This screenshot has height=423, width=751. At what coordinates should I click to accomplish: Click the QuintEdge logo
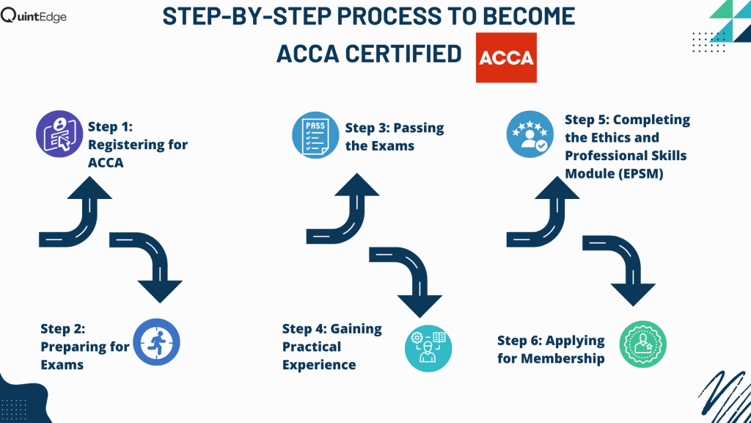click(34, 15)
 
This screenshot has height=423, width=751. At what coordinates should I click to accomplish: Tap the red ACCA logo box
click(506, 57)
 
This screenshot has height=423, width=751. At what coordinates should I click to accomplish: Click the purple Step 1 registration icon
click(59, 134)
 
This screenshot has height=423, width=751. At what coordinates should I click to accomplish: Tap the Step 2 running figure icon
click(157, 342)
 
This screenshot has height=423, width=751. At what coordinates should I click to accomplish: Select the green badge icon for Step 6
click(643, 344)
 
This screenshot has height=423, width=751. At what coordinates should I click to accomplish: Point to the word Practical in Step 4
click(312, 347)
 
